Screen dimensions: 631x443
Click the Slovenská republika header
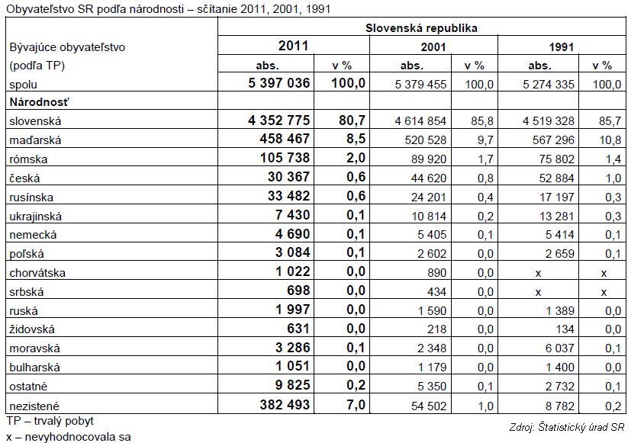coord(421,28)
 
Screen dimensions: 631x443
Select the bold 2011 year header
coord(293,46)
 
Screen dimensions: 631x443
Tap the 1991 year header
coord(562,47)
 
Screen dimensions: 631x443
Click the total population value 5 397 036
coord(279,83)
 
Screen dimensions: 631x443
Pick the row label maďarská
coord(35,140)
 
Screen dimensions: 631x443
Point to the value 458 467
coord(285,139)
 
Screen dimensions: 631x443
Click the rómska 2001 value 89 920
coord(429,159)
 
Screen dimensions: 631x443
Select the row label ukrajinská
coord(36,217)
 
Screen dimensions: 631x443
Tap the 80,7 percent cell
coord(352,120)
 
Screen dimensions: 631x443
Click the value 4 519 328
coord(549,121)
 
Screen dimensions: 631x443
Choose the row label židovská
coord(32,329)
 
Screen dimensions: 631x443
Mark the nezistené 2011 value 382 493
coord(285,404)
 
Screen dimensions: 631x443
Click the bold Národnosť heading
coord(40,102)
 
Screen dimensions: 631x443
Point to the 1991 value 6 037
coord(560,348)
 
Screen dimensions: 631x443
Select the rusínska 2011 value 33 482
coord(289,196)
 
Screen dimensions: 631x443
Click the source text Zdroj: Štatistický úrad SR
coord(567,427)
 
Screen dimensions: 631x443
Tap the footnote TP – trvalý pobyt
coord(50,421)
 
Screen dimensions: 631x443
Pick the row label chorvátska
coord(37,273)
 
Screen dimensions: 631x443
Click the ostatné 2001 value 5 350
coord(432,387)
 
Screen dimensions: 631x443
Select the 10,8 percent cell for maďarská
coord(610,140)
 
